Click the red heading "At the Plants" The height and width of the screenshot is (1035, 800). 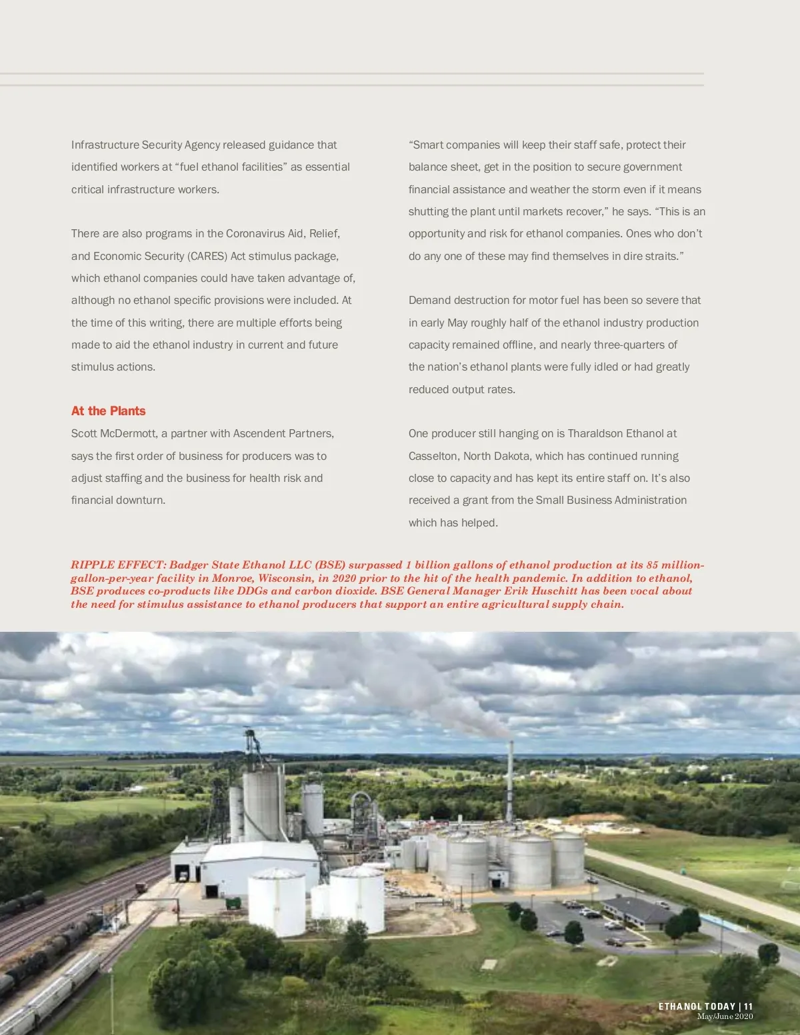(x=108, y=411)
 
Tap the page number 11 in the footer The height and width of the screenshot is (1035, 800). (x=749, y=1006)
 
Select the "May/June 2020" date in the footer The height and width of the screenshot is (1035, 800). (x=725, y=1016)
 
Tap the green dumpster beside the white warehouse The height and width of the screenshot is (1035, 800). (x=233, y=903)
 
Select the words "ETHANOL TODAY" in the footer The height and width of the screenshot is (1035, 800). (x=697, y=1006)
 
